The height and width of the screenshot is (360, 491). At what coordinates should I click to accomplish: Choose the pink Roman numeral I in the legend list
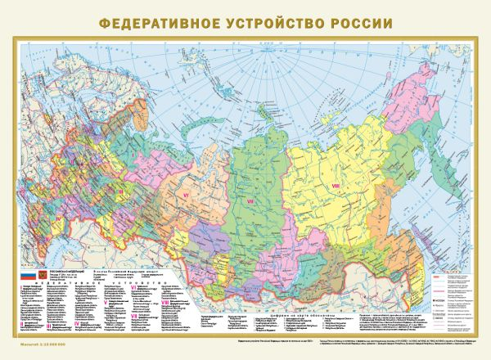click(x=20, y=288)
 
